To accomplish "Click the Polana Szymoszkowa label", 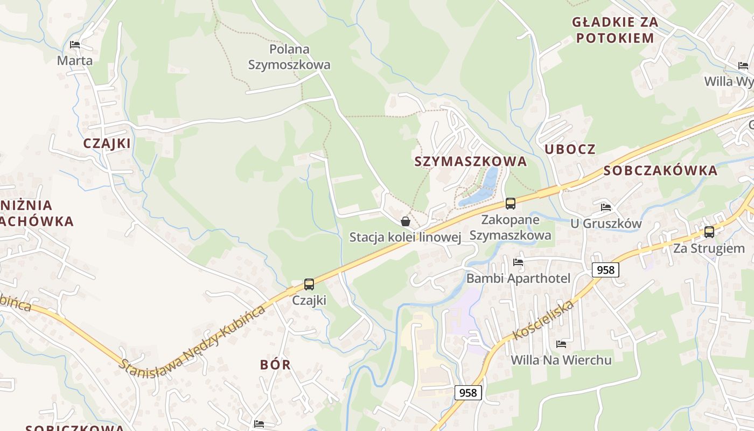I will pyautogui.click(x=289, y=57).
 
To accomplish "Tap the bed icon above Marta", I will pyautogui.click(x=75, y=45).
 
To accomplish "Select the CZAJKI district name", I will pyautogui.click(x=107, y=143).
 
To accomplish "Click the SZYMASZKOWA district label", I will pyautogui.click(x=470, y=162).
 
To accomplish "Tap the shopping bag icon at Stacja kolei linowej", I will pyautogui.click(x=406, y=221).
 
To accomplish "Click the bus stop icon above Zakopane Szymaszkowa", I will pyautogui.click(x=510, y=204).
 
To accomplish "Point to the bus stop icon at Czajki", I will pyautogui.click(x=309, y=284).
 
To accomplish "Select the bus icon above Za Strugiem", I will pyautogui.click(x=709, y=232).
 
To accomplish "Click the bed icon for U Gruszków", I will pyautogui.click(x=606, y=207).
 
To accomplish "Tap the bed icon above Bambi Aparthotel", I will pyautogui.click(x=518, y=262).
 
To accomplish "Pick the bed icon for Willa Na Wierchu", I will pyautogui.click(x=561, y=344).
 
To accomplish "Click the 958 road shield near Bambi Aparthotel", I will pyautogui.click(x=605, y=269).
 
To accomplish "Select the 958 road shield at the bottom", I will pyautogui.click(x=467, y=393).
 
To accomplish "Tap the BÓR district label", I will pyautogui.click(x=275, y=365).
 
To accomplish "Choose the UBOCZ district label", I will pyautogui.click(x=570, y=150).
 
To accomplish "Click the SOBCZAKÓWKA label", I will pyautogui.click(x=660, y=171).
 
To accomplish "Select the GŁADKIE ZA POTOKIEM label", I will pyautogui.click(x=615, y=30).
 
